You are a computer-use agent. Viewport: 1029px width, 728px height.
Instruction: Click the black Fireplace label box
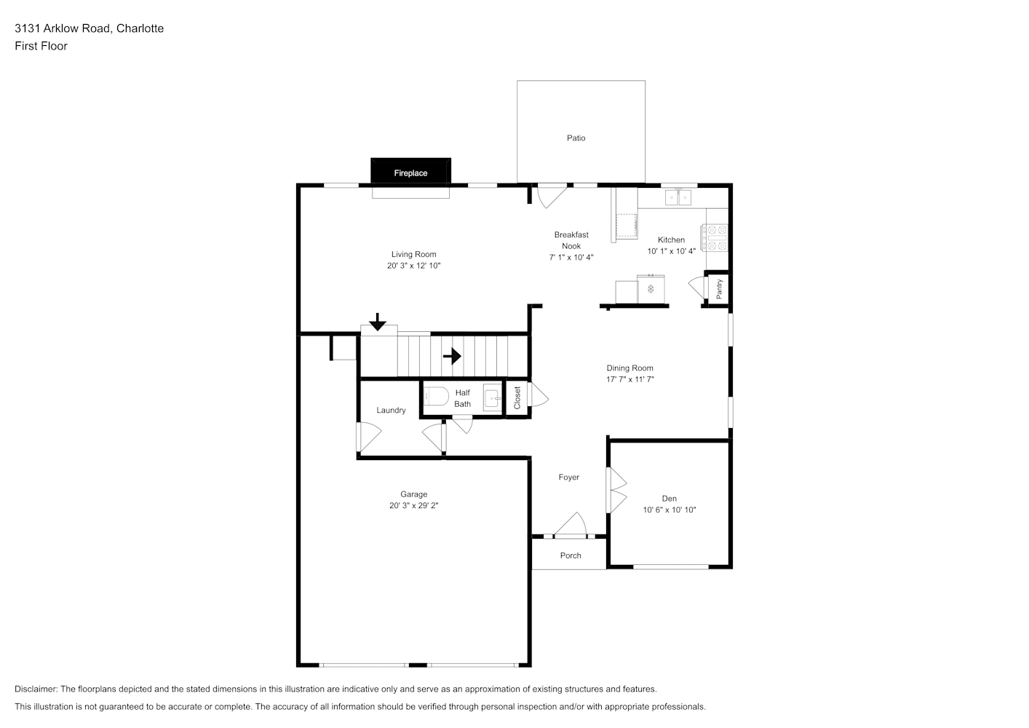point(410,171)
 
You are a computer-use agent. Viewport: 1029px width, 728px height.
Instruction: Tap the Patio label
point(576,138)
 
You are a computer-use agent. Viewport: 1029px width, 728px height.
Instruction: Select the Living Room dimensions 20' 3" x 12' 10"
point(413,266)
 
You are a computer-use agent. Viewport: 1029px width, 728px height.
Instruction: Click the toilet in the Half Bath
point(436,396)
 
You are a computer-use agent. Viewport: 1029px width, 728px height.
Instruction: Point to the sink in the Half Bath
point(492,397)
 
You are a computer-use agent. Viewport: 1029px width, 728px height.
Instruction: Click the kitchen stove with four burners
point(715,237)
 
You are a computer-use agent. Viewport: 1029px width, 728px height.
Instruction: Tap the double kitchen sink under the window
point(678,197)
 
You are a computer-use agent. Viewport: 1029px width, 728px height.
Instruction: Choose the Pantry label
point(720,289)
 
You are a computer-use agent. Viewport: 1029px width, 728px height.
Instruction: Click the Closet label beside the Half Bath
point(517,398)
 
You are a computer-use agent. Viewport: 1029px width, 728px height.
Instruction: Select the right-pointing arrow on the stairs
point(452,356)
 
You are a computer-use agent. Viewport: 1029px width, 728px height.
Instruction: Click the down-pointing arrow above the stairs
point(378,322)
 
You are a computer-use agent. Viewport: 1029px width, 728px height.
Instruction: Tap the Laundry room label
point(391,411)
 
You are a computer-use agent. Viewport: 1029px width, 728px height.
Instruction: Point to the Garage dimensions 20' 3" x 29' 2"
point(413,505)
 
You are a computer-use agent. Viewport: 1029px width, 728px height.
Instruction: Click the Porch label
point(571,555)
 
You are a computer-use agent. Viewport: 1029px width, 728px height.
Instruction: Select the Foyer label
point(568,478)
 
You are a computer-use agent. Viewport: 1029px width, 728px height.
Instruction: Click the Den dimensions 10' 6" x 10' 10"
point(670,510)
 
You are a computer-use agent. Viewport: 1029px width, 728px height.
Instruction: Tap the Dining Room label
point(629,368)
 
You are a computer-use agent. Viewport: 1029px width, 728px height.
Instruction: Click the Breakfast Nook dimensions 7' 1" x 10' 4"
point(571,258)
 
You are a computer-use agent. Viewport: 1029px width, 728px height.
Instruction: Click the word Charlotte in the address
point(140,28)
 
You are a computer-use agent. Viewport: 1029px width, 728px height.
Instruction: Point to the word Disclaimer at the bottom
point(36,689)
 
